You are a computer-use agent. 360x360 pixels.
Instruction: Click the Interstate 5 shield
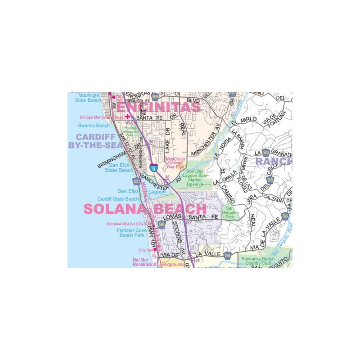pyautogui.click(x=154, y=167)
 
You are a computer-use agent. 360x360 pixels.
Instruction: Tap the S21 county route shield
pyautogui.click(x=136, y=181)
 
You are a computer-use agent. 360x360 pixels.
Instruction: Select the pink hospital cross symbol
pyautogui.click(x=127, y=116)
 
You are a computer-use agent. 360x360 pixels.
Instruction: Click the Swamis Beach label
pyautogui.click(x=94, y=126)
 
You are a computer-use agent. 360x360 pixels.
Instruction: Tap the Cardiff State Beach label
pyautogui.click(x=118, y=199)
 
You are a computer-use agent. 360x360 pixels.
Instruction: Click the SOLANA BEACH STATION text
pyautogui.click(x=129, y=224)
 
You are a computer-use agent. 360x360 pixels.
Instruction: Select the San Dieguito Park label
pyautogui.click(x=230, y=212)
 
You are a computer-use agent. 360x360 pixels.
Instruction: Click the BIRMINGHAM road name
pyautogui.click(x=111, y=160)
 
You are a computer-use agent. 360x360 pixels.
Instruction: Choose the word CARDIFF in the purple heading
pyautogui.click(x=95, y=137)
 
